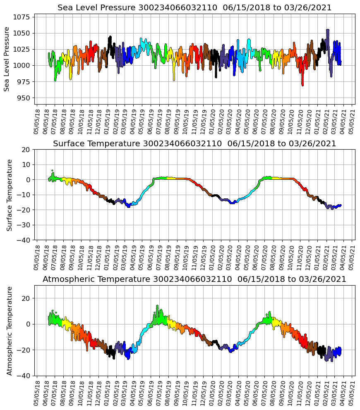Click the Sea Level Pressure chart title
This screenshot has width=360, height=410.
click(194, 8)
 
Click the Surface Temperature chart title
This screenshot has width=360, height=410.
click(194, 144)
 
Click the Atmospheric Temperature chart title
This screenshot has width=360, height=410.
click(194, 279)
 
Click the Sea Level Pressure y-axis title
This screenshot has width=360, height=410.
click(7, 59)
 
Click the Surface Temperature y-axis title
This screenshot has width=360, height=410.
click(10, 195)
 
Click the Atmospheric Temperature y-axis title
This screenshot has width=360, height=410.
click(10, 330)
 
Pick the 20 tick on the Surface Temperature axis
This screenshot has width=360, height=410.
click(26, 150)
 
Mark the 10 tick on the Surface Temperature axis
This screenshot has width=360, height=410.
click(26, 164)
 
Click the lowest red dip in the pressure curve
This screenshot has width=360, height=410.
click(302, 85)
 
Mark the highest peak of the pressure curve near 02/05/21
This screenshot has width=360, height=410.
click(328, 30)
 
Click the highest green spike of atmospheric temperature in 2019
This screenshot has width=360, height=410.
click(157, 306)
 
